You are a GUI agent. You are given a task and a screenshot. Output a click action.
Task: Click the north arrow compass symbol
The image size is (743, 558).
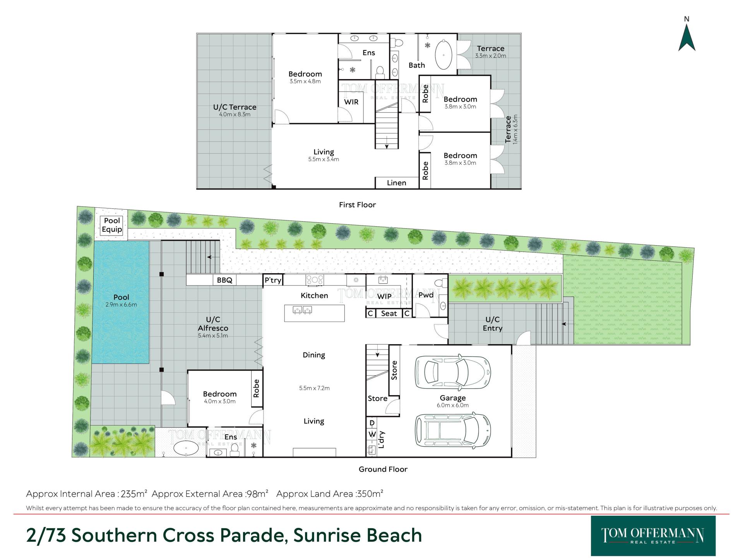[x=687, y=38]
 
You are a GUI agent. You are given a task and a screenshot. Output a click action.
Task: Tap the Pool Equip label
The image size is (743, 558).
[x=112, y=225]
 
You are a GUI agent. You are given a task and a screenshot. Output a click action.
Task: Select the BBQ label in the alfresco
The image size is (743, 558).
[x=224, y=280]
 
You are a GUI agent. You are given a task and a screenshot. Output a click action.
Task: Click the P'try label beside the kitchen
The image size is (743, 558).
[x=273, y=280]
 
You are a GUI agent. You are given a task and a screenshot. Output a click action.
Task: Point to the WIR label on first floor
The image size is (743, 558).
[x=351, y=102]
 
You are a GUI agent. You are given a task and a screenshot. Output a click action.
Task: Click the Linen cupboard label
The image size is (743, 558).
[x=397, y=183]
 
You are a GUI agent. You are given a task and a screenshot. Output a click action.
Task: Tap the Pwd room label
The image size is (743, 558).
[x=426, y=295]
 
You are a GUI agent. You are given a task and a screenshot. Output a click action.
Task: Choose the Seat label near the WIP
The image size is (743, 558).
[x=389, y=313]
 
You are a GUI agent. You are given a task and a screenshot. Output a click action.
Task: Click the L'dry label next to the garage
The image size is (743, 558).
[x=382, y=439]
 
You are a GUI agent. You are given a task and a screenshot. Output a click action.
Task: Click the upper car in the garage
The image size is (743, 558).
[x=453, y=371]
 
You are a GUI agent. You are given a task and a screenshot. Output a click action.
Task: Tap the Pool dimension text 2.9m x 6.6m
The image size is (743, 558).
[x=121, y=305]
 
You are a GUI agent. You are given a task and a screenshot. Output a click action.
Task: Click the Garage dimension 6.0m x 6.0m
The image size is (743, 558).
[x=453, y=405]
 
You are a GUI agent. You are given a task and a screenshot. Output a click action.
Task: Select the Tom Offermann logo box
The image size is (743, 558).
[x=653, y=536]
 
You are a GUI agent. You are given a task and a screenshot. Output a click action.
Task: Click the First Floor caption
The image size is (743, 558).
[x=357, y=205]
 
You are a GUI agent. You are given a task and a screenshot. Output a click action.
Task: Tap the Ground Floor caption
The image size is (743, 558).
[x=383, y=469]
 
